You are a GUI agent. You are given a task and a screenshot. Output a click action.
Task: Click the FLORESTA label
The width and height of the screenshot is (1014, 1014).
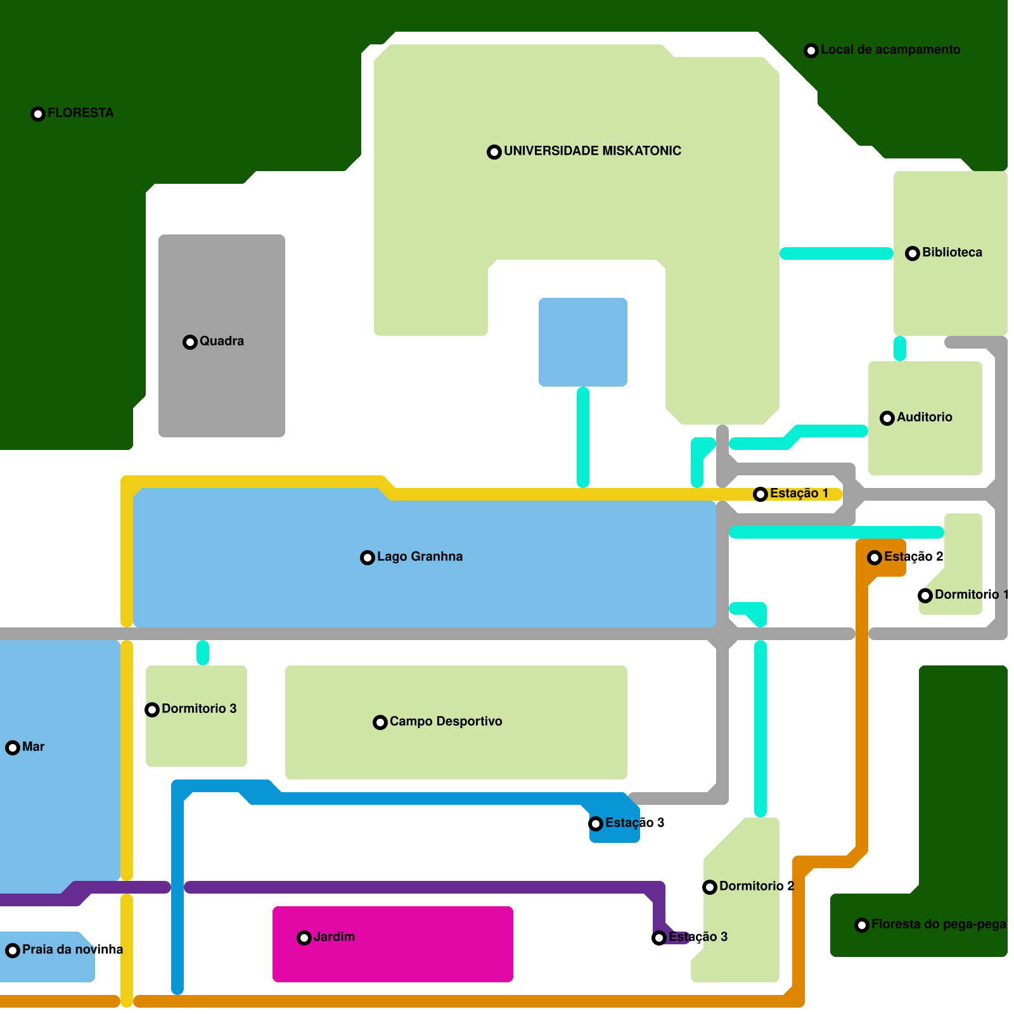pyautogui.click(x=80, y=113)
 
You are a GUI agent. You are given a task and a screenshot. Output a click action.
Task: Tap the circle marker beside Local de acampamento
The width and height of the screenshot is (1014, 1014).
pyautogui.click(x=811, y=51)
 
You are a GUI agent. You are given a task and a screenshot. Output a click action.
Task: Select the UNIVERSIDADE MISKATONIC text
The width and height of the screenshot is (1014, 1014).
pyautogui.click(x=592, y=151)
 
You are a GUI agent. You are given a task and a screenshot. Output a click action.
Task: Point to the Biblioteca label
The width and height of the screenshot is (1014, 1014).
pyautogui.click(x=952, y=252)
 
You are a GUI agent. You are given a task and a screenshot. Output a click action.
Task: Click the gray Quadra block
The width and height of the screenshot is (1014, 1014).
pyautogui.click(x=222, y=380)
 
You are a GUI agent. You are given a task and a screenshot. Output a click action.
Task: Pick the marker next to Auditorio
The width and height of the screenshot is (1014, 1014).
pyautogui.click(x=887, y=418)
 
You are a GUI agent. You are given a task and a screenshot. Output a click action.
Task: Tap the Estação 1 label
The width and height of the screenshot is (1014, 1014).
pyautogui.click(x=799, y=493)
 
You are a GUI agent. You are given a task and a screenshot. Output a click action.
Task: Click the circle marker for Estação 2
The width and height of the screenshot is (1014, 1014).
pyautogui.click(x=875, y=558)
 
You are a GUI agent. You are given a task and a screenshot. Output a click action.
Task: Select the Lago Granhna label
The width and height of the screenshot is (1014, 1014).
pyautogui.click(x=420, y=556)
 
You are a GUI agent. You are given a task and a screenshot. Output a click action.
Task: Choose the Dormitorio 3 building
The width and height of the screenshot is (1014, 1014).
pyautogui.click(x=196, y=735)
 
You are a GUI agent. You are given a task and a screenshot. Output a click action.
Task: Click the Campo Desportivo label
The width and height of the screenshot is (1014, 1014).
pyautogui.click(x=446, y=721)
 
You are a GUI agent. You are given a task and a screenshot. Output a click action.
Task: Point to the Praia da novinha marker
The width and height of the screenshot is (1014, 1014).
pyautogui.click(x=13, y=951)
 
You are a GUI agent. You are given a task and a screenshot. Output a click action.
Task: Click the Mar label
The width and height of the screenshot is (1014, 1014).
pyautogui.click(x=33, y=747)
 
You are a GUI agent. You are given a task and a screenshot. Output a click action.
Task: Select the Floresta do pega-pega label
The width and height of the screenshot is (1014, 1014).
pyautogui.click(x=938, y=924)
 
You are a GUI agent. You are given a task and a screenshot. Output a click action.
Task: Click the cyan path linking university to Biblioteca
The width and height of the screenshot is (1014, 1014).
pyautogui.click(x=837, y=253)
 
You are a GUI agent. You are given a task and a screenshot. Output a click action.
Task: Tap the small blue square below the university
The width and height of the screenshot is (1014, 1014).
pyautogui.click(x=583, y=342)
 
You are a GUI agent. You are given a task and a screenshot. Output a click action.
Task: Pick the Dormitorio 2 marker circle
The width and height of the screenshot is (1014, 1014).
pyautogui.click(x=710, y=887)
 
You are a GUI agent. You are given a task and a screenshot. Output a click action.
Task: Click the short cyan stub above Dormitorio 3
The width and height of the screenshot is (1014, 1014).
pyautogui.click(x=203, y=653)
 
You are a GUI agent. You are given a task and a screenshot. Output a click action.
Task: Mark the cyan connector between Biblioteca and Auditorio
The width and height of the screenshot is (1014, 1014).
pyautogui.click(x=900, y=349)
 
